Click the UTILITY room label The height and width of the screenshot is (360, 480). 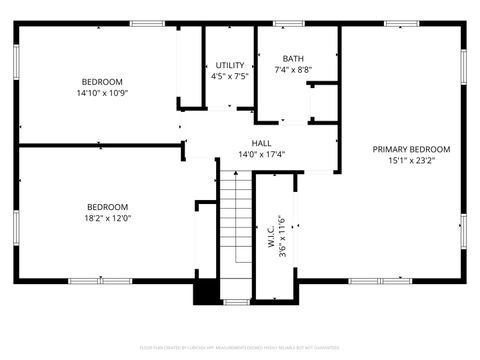tap(230, 66)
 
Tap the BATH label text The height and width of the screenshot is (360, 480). tap(294, 58)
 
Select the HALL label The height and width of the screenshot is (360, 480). tap(262, 143)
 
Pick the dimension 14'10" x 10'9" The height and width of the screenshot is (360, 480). tap(102, 93)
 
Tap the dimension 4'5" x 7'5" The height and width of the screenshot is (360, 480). tap(230, 77)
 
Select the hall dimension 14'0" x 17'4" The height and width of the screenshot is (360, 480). tap(262, 155)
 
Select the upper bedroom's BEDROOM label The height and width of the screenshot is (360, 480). tap(102, 81)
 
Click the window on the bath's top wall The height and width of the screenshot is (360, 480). tap(289, 23)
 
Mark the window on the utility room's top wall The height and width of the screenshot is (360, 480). tap(229, 23)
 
